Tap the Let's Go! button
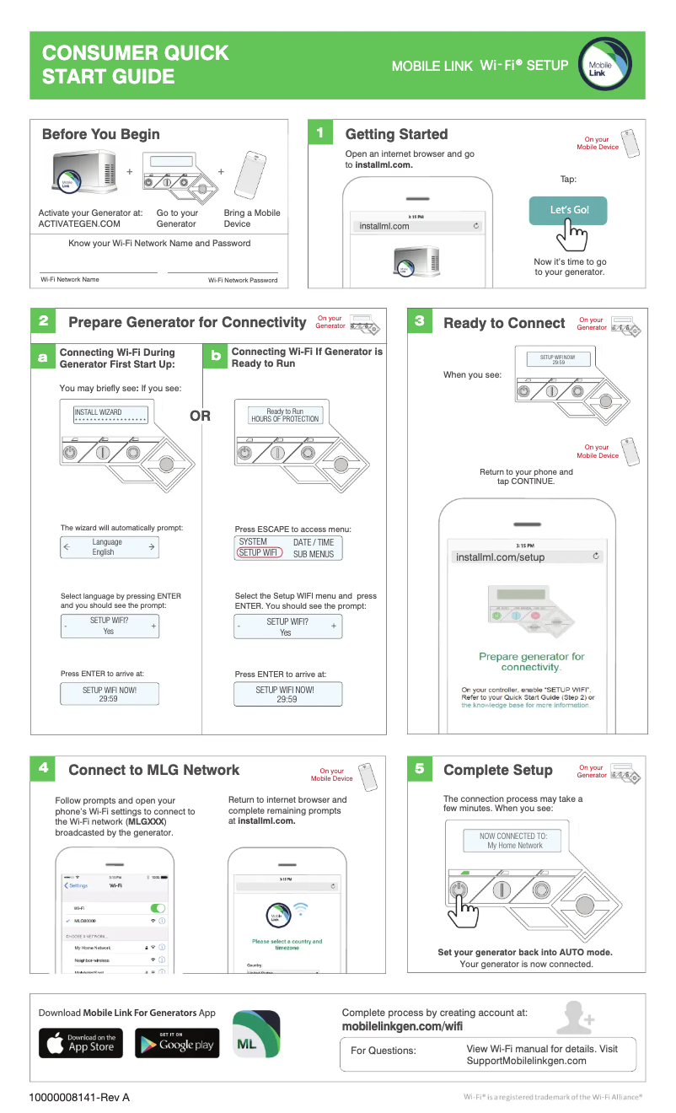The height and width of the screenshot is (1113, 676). point(567,210)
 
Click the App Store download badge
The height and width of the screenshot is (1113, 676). point(81,1042)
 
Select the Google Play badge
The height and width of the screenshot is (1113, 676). point(177,1043)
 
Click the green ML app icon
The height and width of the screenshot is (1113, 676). point(255,1034)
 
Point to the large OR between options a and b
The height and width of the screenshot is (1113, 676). point(200,416)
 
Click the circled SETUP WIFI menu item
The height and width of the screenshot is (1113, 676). point(259,553)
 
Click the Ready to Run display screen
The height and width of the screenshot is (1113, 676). point(284,415)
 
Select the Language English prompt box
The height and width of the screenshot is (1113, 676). point(109,547)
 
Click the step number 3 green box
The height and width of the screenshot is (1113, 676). point(420,321)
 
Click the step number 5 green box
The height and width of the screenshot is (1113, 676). point(420,768)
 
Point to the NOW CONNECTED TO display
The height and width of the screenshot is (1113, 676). point(512,840)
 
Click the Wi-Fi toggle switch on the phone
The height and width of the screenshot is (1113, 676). point(158,908)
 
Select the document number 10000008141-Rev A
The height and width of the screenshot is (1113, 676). point(79,1097)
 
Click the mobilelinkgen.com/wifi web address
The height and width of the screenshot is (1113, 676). point(401,1026)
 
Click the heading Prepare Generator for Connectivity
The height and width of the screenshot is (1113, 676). point(187,322)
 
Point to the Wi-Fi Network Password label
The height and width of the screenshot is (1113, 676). point(243,280)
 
